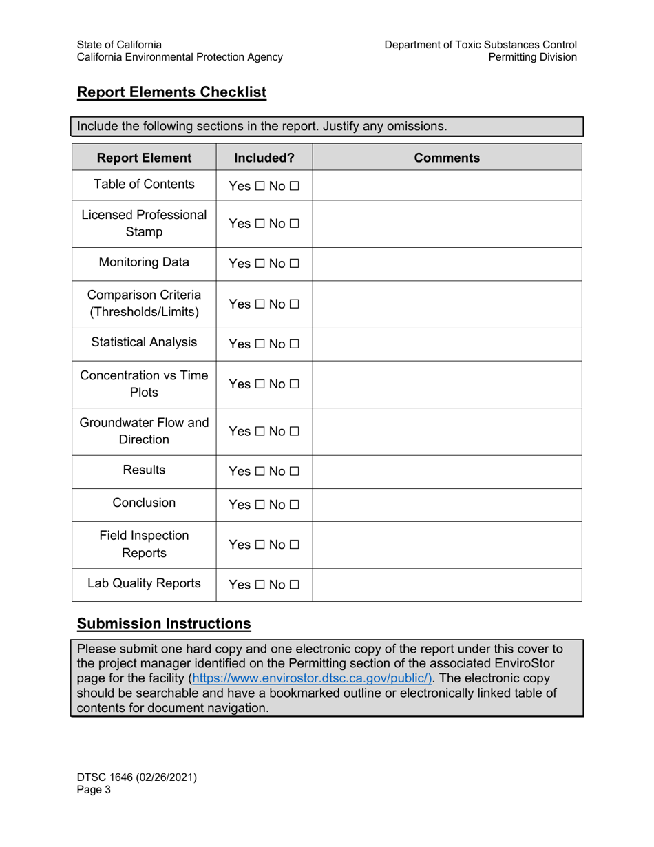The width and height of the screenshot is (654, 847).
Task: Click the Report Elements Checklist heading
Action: [x=171, y=92]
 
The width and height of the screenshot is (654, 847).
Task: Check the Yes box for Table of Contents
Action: [x=260, y=186]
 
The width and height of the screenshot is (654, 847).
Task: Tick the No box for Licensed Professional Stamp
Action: [x=295, y=224]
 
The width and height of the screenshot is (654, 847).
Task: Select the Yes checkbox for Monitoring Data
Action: [x=260, y=264]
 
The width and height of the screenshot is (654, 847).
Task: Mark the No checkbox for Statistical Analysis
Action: [x=295, y=344]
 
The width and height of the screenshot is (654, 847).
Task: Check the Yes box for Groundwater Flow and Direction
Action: [x=260, y=432]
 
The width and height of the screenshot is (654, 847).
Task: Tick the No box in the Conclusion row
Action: [x=295, y=505]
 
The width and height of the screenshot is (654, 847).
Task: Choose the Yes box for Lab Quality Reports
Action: [x=260, y=585]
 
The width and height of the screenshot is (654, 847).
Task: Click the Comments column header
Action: [x=447, y=158]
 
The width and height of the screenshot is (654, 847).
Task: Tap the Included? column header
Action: [x=264, y=158]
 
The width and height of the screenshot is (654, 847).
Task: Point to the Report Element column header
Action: [x=144, y=158]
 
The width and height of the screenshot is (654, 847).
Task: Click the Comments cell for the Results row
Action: [x=447, y=472]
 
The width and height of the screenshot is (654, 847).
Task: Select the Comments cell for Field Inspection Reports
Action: [x=447, y=545]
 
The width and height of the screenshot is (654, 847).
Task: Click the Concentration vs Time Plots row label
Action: [x=144, y=384]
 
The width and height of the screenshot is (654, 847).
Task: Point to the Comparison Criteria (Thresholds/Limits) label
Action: [x=144, y=304]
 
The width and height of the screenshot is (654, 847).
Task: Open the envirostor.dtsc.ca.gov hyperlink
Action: [x=312, y=678]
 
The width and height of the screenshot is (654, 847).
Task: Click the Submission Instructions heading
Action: [x=164, y=624]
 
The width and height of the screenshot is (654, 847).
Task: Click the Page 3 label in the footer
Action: [x=94, y=791]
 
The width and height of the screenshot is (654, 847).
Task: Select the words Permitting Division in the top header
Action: [x=532, y=57]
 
